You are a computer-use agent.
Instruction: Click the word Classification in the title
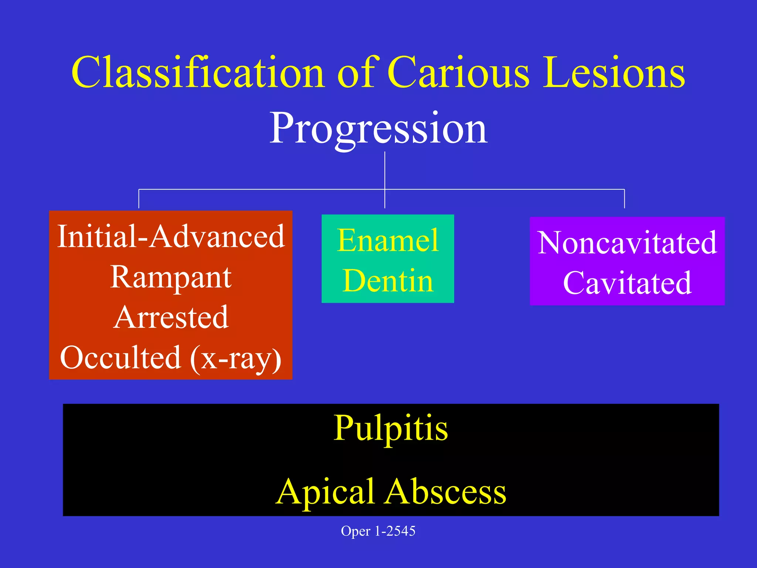tap(198, 72)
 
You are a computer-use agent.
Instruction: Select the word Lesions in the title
tap(614, 72)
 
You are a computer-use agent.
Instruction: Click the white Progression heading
tap(378, 129)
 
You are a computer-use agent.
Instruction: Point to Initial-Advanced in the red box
tap(171, 237)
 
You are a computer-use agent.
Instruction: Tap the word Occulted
tap(120, 358)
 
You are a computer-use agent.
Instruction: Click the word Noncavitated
tap(627, 243)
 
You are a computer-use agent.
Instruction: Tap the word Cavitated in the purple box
tap(627, 283)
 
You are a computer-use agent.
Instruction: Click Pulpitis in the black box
tap(391, 429)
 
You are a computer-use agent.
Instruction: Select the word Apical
tap(325, 492)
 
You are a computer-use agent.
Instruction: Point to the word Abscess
tap(445, 492)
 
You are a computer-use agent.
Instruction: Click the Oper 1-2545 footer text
tap(378, 531)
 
